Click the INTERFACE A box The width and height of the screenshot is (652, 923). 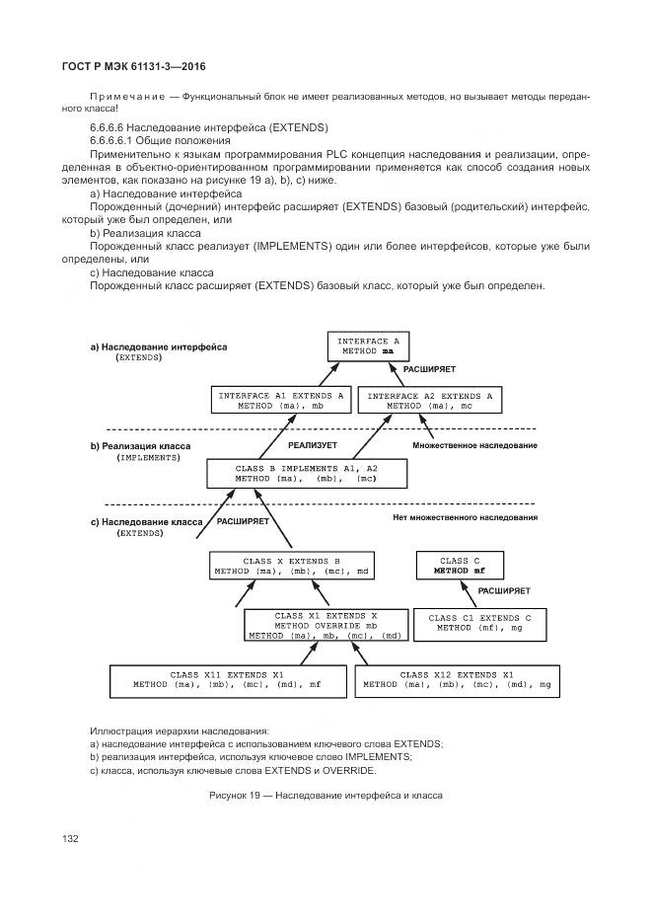pyautogui.click(x=368, y=346)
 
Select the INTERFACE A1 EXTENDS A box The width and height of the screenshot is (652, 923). pyautogui.click(x=281, y=400)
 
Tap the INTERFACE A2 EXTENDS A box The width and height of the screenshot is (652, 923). pyautogui.click(x=429, y=400)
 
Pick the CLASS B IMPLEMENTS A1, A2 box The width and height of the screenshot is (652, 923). pyautogui.click(x=307, y=473)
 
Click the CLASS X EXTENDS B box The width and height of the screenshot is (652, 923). pyautogui.click(x=292, y=566)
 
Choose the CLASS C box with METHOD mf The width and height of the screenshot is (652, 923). pyautogui.click(x=461, y=566)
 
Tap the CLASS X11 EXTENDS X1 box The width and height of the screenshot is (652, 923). pyautogui.click(x=227, y=679)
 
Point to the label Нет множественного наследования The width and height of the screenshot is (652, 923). pyautogui.click(x=465, y=517)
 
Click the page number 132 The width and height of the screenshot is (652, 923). pyautogui.click(x=70, y=838)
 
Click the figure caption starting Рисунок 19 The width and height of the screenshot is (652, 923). pyautogui.click(x=326, y=795)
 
